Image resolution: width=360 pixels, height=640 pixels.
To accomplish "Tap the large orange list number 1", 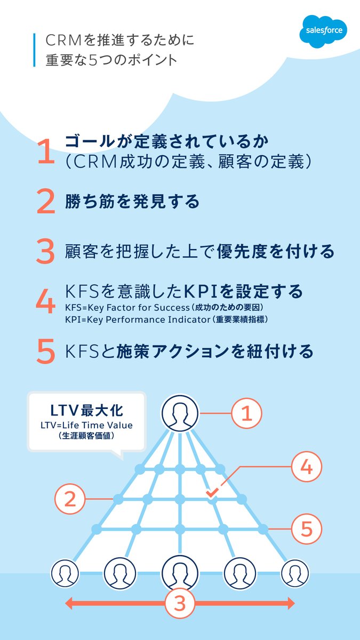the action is (46, 151).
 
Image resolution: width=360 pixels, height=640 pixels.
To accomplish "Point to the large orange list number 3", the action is (46, 252).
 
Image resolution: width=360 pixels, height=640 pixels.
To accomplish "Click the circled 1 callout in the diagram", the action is (246, 413).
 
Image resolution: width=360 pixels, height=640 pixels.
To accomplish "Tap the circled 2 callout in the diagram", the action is (70, 499).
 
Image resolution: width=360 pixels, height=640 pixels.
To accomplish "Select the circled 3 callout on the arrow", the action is (180, 603).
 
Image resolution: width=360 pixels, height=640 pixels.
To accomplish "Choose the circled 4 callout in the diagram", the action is (306, 467).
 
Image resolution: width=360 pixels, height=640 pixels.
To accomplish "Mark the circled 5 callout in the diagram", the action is (306, 529).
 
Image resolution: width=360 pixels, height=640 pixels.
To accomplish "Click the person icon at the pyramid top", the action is (180, 413).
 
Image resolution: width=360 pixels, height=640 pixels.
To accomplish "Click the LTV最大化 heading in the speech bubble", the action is (86, 411).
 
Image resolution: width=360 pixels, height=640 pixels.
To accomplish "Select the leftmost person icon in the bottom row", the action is (65, 574).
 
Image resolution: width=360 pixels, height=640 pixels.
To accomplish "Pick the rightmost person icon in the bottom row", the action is (295, 574).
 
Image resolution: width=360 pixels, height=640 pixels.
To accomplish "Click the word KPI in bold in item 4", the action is (202, 291).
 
